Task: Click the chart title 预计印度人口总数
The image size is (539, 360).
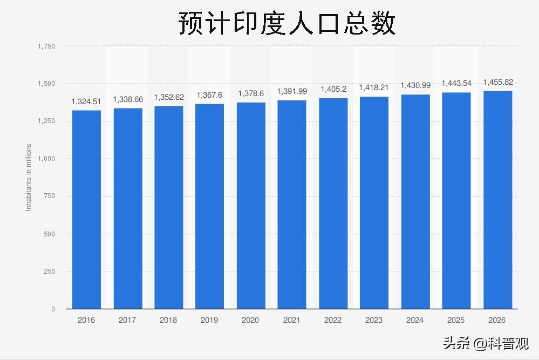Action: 287,23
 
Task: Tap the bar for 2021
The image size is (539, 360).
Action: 292,205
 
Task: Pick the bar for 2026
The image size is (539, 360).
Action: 497,200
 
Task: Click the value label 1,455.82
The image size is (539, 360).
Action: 497,82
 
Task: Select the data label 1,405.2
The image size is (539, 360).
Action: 333,89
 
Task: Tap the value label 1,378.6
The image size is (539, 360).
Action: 251,93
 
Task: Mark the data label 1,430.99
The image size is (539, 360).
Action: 415,85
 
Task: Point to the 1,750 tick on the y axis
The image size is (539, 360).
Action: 46,46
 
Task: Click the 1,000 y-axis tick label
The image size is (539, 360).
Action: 46,159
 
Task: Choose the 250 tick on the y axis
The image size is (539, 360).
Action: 49,271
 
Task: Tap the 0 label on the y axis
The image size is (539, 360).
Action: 53,309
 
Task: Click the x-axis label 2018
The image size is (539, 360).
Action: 168,320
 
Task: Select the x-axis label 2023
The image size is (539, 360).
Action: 374,320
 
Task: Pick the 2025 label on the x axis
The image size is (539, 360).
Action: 456,320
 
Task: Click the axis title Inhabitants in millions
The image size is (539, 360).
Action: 29,177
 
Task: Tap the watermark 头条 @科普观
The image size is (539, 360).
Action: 485,343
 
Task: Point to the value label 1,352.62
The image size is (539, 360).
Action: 169,97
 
